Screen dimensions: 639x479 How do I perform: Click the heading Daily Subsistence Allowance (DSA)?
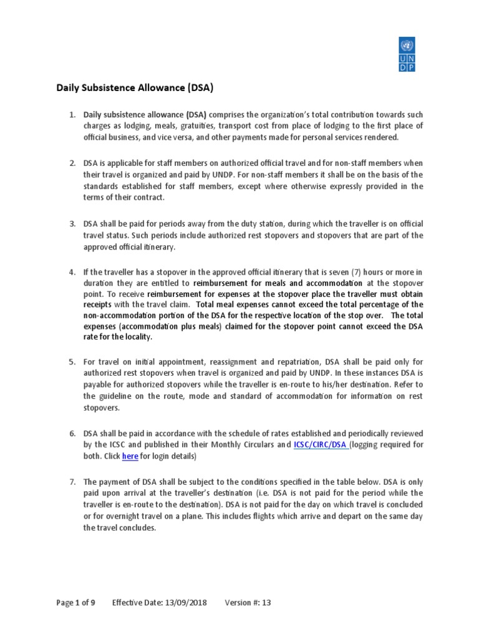tap(135, 89)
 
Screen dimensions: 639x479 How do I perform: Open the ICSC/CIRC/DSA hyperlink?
tap(321, 445)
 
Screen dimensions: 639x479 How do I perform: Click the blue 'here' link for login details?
tap(130, 456)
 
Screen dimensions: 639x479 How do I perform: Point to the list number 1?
tap(72, 115)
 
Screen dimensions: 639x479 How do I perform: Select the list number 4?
tap(72, 271)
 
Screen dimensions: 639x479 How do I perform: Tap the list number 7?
tap(72, 482)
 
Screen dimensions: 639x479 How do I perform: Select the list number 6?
tap(72, 433)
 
